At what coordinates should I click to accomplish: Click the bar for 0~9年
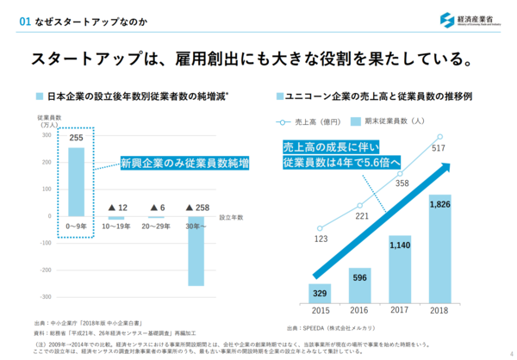tap(76, 181)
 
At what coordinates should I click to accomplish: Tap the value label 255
tap(76, 138)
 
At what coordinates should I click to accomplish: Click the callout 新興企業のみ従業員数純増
tap(184, 163)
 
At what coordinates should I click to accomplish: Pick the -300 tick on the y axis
tap(46, 271)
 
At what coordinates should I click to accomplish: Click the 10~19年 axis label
tap(115, 227)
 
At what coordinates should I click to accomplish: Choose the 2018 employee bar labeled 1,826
tap(440, 250)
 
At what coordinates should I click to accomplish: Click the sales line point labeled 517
tap(440, 136)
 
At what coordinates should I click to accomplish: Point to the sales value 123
tap(321, 239)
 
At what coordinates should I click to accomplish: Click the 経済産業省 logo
tap(470, 19)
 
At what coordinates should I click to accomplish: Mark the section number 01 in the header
tap(12, 19)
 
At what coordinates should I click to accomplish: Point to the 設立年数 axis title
tap(232, 217)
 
